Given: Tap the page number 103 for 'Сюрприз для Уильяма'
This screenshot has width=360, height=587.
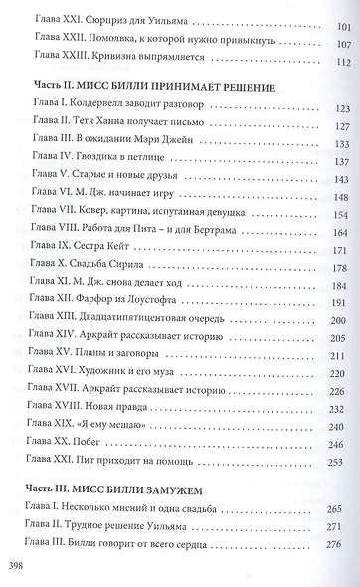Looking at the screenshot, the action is click(x=337, y=20).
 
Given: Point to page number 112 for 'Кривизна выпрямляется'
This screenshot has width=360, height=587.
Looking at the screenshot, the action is click(x=337, y=62).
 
